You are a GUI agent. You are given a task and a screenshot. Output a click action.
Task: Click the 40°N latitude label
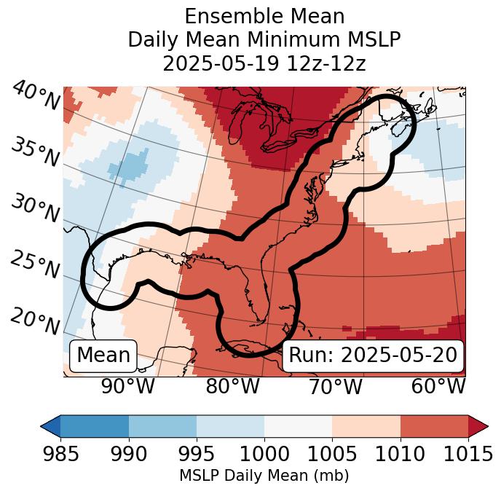tap(36, 95)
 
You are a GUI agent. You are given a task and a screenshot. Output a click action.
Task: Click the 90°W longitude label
tap(128, 386)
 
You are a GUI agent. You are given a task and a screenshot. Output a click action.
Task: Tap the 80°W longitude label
tap(232, 386)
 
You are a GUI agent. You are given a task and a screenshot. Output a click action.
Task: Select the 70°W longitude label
tap(334, 386)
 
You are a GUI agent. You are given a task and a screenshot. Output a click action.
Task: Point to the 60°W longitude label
tap(438, 386)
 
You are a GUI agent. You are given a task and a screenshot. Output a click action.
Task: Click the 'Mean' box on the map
tap(103, 356)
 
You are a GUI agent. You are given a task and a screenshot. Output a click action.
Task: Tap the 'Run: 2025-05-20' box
tap(373, 356)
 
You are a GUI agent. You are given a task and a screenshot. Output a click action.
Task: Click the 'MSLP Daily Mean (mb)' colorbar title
tap(264, 476)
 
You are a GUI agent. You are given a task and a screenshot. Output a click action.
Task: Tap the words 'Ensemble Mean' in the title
tap(264, 16)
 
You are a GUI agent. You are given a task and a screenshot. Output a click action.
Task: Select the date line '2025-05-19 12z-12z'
tap(264, 63)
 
